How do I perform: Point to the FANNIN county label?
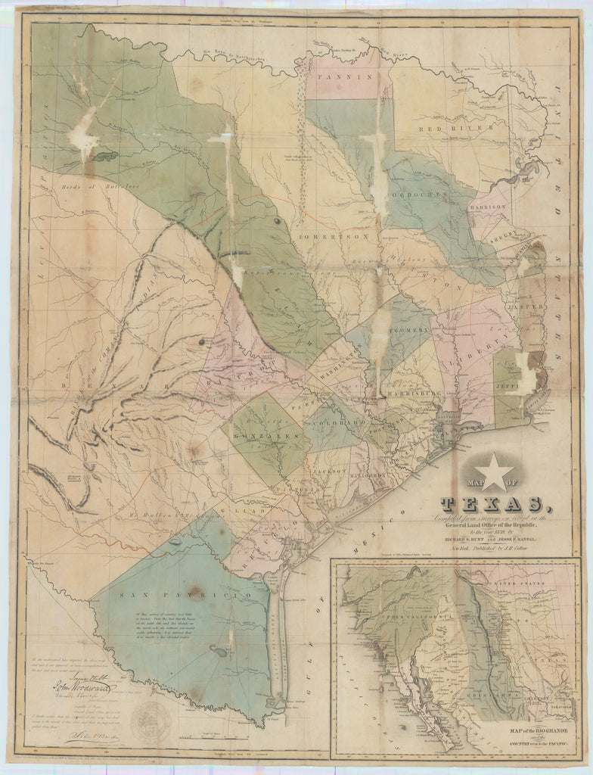click(336, 76)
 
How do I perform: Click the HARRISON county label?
click(487, 206)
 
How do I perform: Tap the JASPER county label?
click(531, 307)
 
